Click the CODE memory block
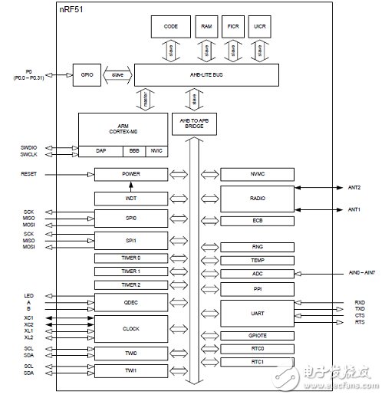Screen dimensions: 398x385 171,26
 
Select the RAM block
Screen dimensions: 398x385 206,26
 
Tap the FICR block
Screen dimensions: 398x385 232,26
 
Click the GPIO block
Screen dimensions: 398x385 85,74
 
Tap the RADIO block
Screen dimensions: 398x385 257,198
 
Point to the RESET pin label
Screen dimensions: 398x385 28,174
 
